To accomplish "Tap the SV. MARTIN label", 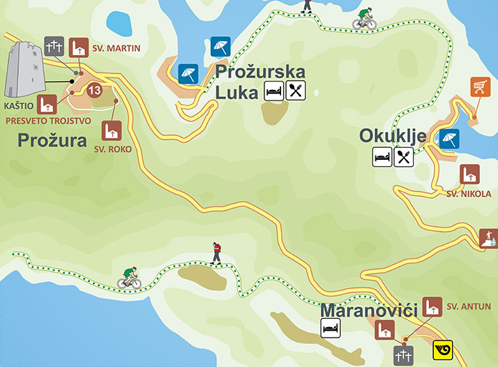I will point(116,49).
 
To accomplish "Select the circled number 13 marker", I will point(96,90).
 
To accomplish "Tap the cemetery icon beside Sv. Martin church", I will point(54,46).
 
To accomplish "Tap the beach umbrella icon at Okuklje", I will point(448,138).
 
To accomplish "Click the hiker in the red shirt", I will point(217,253).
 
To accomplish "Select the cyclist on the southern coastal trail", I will point(129,278).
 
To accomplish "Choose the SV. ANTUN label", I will point(469,306).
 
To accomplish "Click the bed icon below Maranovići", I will point(331,327).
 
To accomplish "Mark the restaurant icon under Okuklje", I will point(404,156).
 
